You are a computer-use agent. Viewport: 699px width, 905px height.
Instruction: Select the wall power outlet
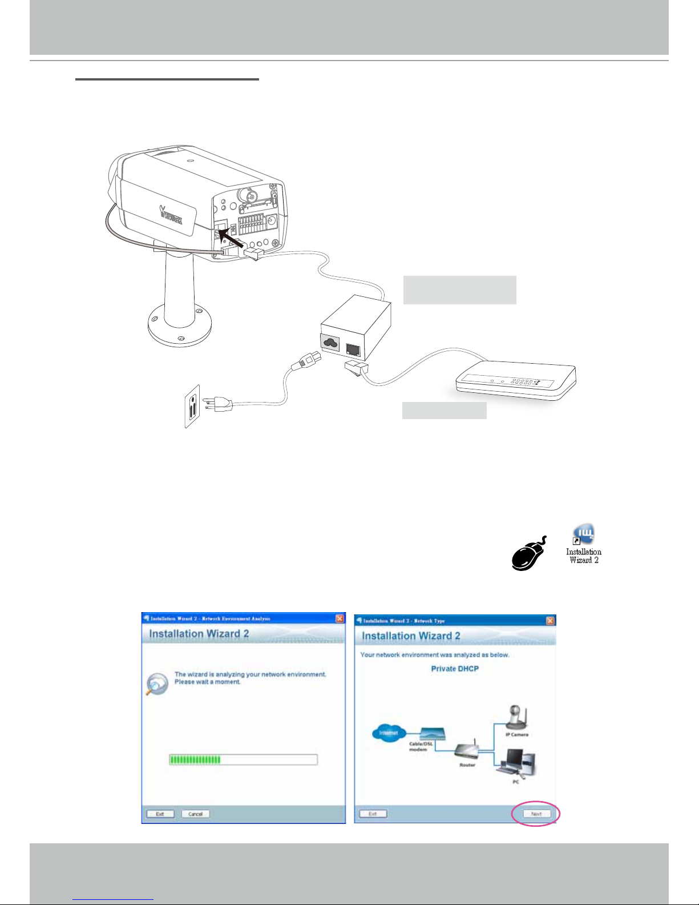192,406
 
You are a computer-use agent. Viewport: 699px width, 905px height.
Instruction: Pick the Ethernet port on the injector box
353,348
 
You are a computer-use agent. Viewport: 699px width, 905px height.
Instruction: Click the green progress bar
196,759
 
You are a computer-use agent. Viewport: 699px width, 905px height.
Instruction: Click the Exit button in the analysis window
160,814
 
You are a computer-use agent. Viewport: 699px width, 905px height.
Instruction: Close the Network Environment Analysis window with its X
340,618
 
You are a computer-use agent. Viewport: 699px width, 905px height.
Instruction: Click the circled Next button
536,814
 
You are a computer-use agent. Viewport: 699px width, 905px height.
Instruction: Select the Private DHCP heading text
455,669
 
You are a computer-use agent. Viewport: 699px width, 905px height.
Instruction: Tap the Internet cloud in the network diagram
389,733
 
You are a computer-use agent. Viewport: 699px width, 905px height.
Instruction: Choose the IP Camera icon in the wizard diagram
516,718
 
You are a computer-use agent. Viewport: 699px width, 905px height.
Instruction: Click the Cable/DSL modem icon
433,734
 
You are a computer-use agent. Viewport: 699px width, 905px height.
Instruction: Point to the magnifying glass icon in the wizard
156,684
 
